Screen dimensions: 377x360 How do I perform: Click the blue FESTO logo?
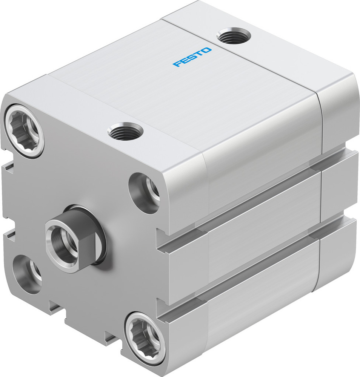[x=192, y=57]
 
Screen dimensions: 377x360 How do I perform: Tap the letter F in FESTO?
[x=177, y=64]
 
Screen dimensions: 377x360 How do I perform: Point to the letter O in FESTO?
[x=207, y=50]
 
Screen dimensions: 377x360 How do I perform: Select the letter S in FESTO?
[x=192, y=57]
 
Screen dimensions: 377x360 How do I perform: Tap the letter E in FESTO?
[x=185, y=61]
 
